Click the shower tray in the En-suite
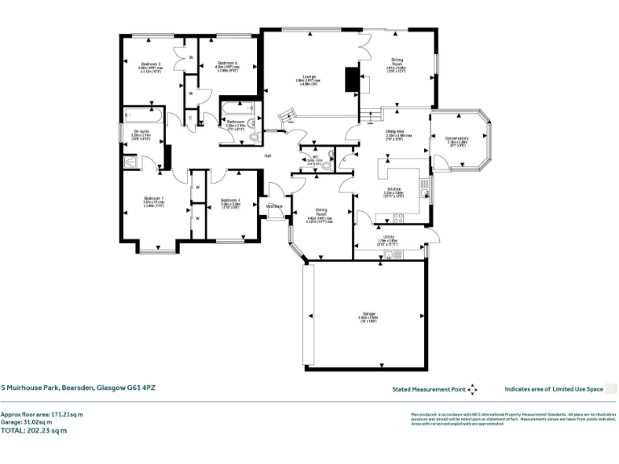click(131, 161)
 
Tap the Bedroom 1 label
click(154, 198)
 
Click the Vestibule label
click(275, 205)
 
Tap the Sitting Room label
click(397, 62)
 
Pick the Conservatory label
click(457, 138)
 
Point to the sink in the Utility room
click(390, 255)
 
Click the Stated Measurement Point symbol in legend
click(473, 389)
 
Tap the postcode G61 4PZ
click(142, 388)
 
